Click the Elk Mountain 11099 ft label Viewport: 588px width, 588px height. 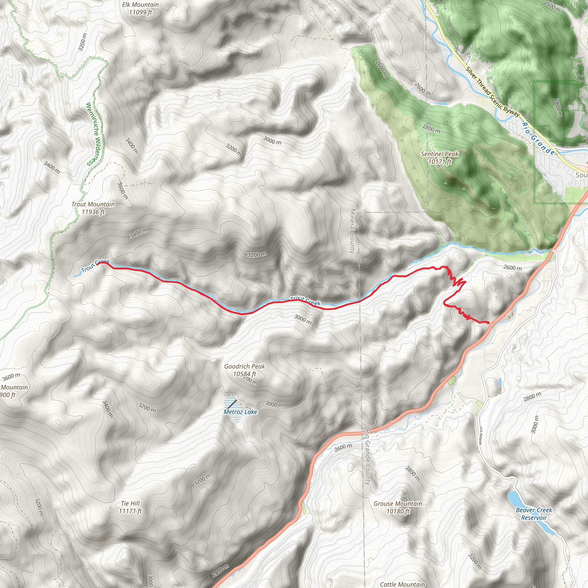coord(140,9)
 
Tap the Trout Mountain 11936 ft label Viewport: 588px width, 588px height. coord(93,208)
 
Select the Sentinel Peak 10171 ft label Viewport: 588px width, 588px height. coord(440,158)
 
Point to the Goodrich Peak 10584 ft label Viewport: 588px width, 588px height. coord(244,370)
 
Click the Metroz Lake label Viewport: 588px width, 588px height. coord(240,412)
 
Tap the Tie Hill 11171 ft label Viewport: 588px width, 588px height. coord(130,507)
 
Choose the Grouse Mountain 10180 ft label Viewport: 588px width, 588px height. coord(398,507)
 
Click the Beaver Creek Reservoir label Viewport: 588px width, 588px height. coord(534,514)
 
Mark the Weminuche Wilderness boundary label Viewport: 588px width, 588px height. coord(95,134)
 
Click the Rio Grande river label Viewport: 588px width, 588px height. coord(538,139)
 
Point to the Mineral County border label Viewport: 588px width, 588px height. coord(353,231)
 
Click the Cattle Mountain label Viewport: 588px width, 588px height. coord(402,584)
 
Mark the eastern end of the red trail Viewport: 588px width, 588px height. coord(488,323)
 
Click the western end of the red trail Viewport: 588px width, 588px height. coord(98,264)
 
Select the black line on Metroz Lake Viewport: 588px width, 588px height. coord(232,405)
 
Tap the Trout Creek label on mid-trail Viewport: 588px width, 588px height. coord(305,301)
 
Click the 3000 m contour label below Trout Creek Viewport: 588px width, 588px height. coord(303,319)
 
